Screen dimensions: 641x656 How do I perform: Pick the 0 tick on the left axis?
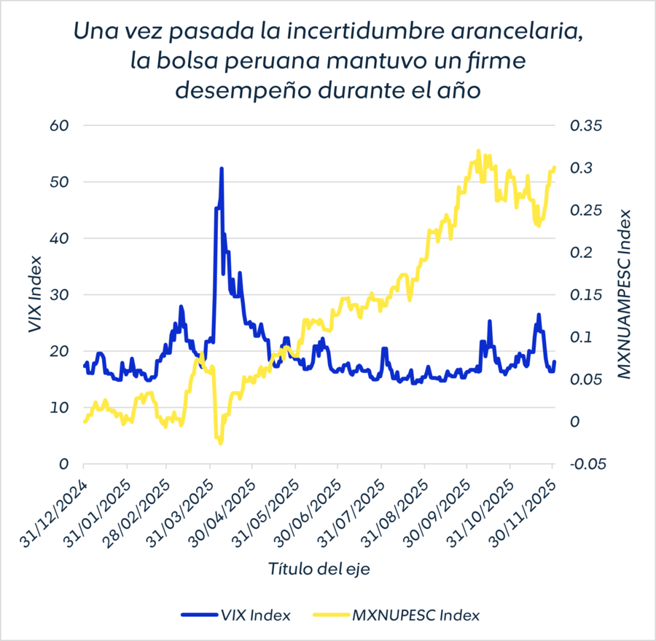point(63,463)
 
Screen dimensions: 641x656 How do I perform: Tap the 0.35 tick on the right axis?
point(587,125)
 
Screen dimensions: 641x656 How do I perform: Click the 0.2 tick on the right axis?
point(583,252)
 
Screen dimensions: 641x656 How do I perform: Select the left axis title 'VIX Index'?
point(34,294)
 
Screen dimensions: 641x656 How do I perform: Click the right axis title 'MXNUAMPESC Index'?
point(624,294)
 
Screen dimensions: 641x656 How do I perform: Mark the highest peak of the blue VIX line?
point(221,168)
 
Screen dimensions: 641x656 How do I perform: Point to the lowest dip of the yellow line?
point(220,443)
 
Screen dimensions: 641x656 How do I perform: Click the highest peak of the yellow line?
point(479,151)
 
